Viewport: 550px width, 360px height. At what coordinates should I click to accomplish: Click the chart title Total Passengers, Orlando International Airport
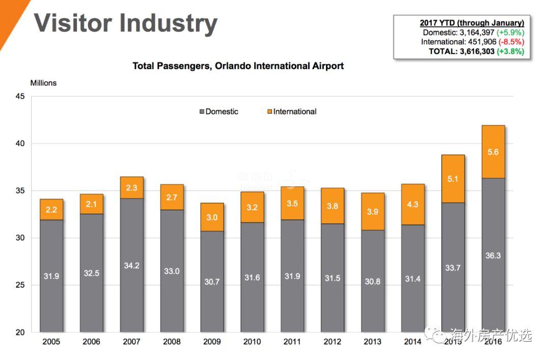238,66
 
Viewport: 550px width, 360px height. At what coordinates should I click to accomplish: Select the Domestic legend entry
219,112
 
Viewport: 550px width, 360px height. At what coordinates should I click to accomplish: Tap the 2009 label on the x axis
212,342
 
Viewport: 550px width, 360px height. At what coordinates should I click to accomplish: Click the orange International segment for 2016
493,152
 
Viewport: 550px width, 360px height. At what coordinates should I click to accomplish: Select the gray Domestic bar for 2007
131,265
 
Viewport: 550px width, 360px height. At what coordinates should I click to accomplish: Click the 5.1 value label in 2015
453,179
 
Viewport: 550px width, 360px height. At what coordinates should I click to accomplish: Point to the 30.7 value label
212,282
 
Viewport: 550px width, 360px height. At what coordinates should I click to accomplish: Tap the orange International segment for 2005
51,209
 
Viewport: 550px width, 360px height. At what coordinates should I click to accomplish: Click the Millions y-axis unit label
43,83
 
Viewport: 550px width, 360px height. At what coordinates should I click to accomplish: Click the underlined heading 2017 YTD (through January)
472,22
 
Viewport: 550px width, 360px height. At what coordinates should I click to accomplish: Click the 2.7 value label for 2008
172,197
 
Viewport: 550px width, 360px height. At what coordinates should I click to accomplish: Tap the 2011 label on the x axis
292,342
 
